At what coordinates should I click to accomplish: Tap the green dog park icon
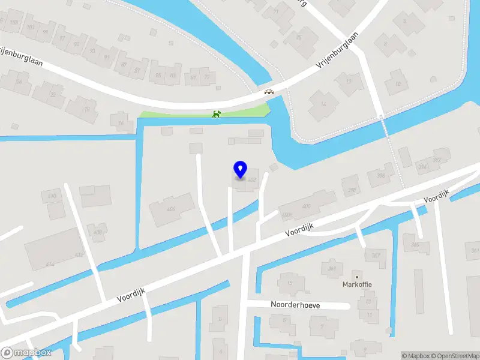(x=217, y=114)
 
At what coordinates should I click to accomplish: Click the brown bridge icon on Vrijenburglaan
(x=269, y=92)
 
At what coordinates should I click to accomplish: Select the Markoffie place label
(x=358, y=283)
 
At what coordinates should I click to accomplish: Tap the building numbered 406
(x=172, y=209)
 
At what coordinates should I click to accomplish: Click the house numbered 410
(x=53, y=196)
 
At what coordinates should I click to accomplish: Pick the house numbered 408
(x=97, y=231)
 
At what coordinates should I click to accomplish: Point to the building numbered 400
(x=307, y=206)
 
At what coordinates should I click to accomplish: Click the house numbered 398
(x=380, y=175)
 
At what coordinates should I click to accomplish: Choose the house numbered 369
(x=332, y=268)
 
